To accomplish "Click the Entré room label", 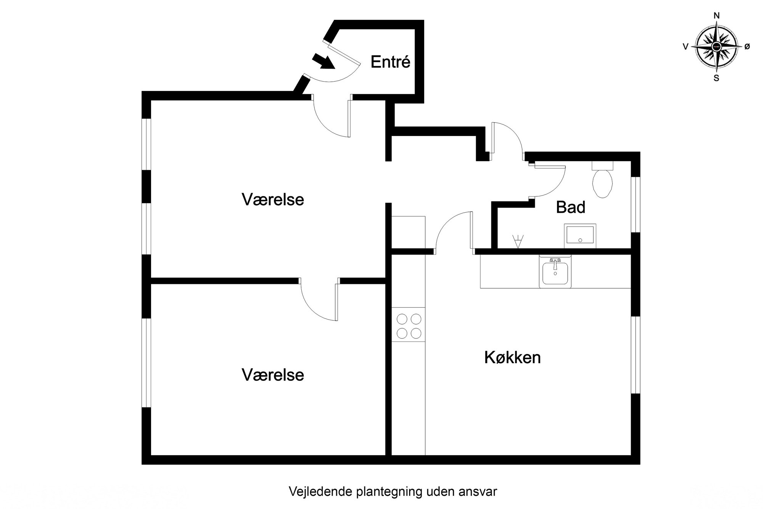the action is point(390,62).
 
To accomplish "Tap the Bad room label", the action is point(571,207).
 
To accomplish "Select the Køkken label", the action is point(512,358).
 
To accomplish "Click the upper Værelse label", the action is point(273,200).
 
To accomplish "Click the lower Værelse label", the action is point(273,375).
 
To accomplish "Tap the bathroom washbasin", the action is point(580,236).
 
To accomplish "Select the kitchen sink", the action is point(555,271).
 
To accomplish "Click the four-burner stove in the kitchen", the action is point(409,325).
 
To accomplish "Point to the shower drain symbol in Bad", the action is point(518,242).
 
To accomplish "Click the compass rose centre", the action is point(716,47).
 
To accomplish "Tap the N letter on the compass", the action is point(716,16).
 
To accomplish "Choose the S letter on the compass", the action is point(716,79).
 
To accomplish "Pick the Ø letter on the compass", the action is point(747,47).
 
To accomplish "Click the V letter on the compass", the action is point(686,47).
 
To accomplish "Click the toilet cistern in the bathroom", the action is point(603,166).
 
